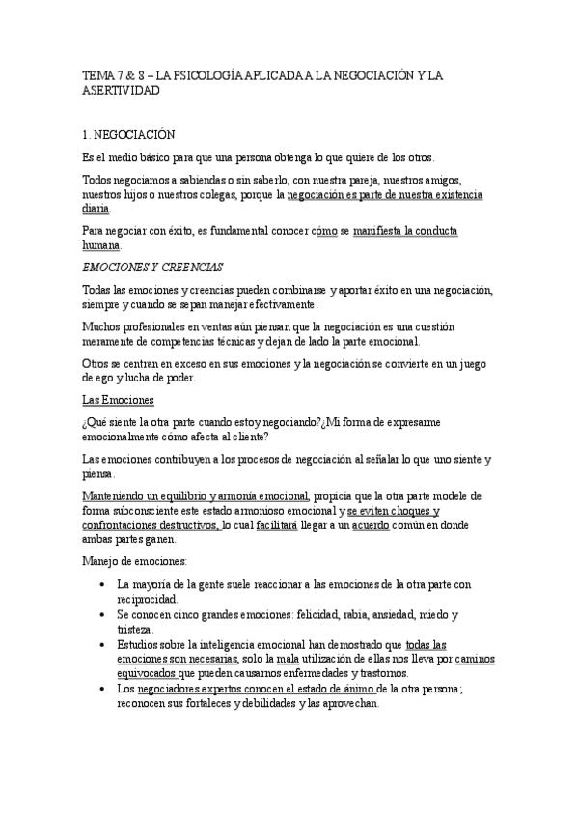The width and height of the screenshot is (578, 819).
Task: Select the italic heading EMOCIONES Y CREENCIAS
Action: point(152,265)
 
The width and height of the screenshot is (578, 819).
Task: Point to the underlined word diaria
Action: point(96,209)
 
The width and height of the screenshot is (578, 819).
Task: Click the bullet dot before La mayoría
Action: point(102,585)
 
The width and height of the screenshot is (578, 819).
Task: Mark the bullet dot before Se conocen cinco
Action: point(102,615)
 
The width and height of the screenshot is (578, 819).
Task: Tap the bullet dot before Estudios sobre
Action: point(102,644)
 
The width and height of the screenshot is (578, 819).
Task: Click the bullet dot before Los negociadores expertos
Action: point(102,689)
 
